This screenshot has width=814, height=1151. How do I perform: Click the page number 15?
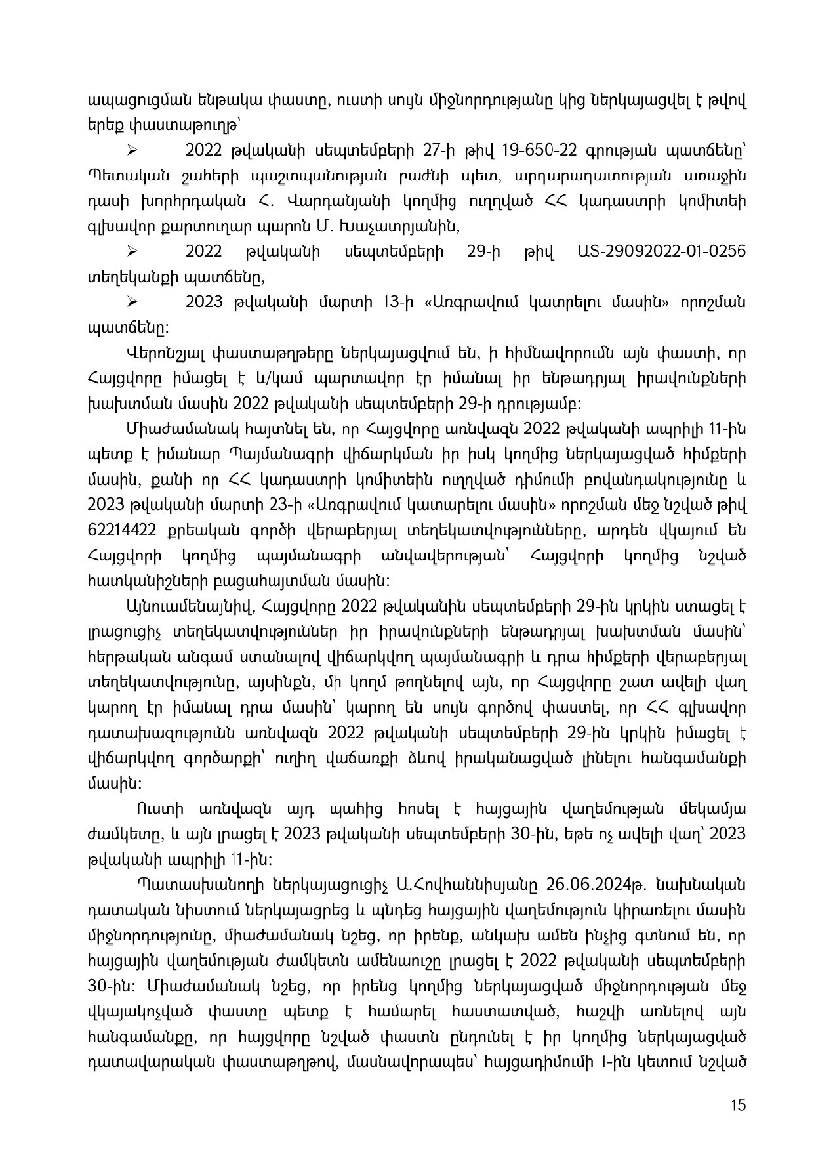738,1105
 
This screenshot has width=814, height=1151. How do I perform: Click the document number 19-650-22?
539,150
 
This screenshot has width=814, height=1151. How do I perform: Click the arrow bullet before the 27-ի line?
131,151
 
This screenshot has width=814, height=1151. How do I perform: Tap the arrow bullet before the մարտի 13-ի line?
131,303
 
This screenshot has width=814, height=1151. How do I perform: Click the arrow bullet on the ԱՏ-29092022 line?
131,252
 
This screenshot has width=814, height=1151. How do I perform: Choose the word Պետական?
125,176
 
